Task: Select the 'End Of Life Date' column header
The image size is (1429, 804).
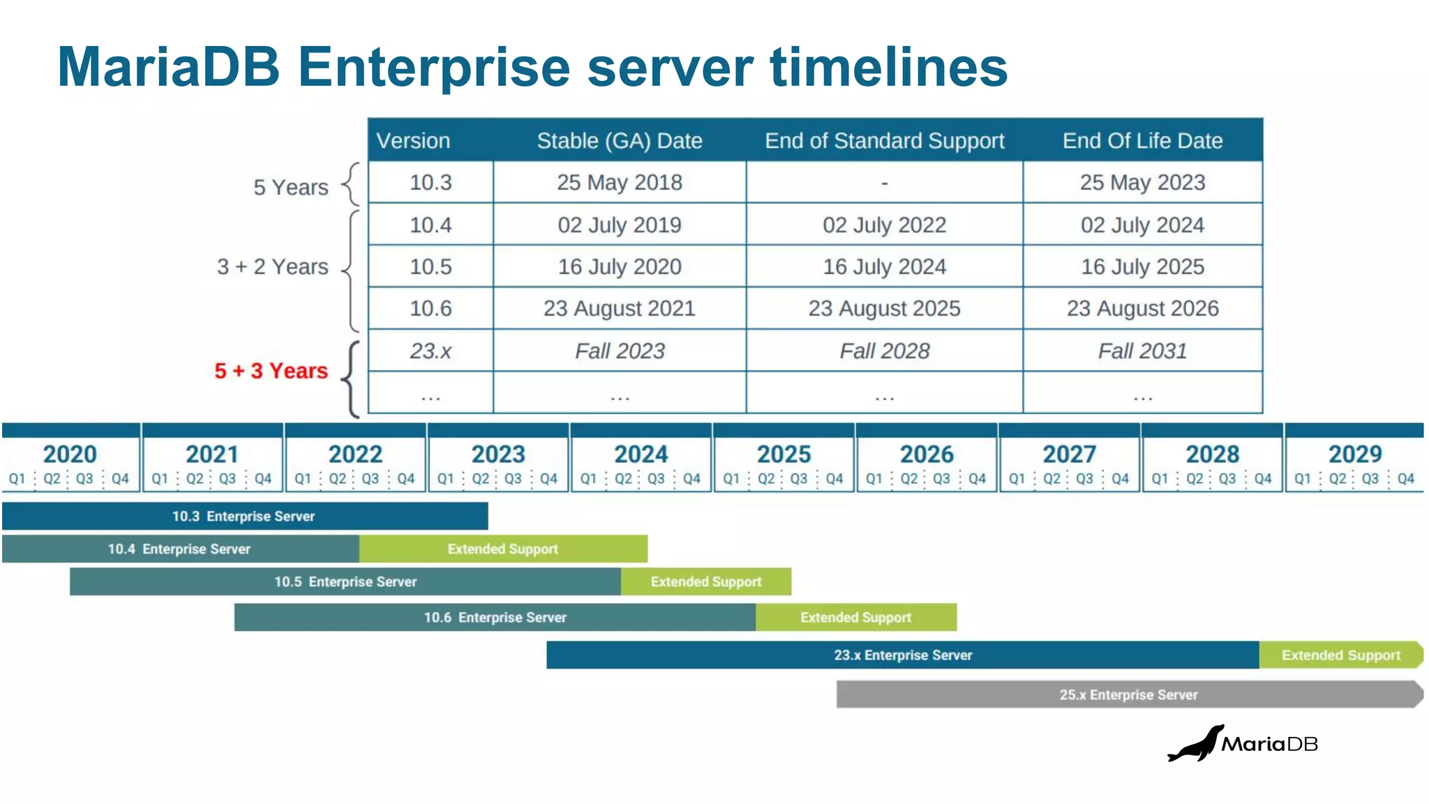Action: [x=1142, y=141]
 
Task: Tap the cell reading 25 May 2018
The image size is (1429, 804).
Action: [x=619, y=183]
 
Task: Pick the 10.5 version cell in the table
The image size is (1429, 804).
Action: [x=431, y=267]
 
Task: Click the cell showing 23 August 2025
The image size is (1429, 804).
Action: [x=884, y=308]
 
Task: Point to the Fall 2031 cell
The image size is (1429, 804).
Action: [x=1142, y=351]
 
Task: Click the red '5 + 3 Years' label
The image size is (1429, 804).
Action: [x=271, y=371]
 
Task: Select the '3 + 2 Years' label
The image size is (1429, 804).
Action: [x=272, y=267]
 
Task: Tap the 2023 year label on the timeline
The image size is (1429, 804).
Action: [x=497, y=454]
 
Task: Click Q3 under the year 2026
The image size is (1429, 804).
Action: [x=941, y=479]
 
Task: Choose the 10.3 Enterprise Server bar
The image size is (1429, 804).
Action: [x=244, y=516]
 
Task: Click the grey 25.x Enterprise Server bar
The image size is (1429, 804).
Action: [x=1128, y=695]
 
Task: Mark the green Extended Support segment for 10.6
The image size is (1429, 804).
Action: [x=855, y=618]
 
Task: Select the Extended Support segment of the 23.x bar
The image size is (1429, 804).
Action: [x=1340, y=655]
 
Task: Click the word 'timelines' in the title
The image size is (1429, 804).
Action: [x=888, y=68]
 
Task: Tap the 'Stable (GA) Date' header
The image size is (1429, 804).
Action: [x=619, y=141]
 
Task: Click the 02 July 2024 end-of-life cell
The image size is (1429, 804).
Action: [x=1142, y=225]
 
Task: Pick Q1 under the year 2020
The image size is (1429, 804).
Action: [x=17, y=479]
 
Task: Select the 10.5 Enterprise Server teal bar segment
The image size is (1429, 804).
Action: [x=345, y=582]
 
